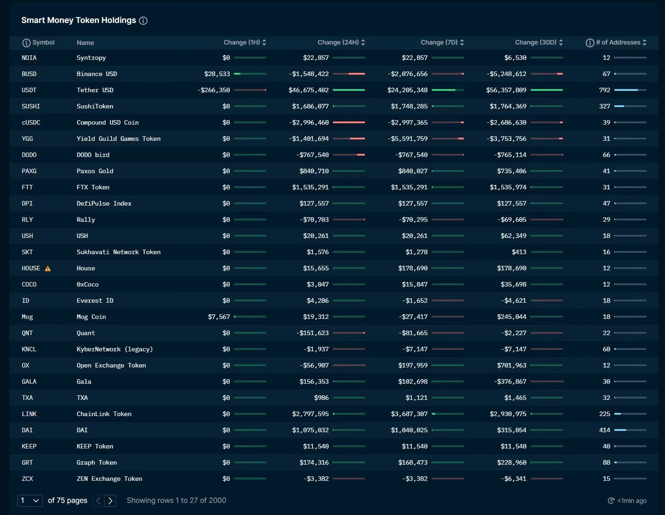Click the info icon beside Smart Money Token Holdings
tap(143, 21)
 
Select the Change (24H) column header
tap(338, 42)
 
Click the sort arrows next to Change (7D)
tap(462, 42)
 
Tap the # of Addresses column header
tap(618, 42)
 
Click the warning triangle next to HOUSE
tap(48, 269)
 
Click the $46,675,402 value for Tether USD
tap(308, 90)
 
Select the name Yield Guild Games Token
tap(118, 139)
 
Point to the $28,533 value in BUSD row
tap(217, 74)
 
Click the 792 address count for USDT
tap(604, 90)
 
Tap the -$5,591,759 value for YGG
tap(407, 139)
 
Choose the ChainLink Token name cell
tap(104, 414)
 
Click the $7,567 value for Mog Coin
tap(219, 317)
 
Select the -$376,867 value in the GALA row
tap(510, 381)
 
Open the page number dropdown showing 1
tap(30, 501)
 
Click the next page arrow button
tap(110, 501)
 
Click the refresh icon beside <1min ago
tap(611, 501)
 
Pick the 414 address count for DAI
tap(604, 430)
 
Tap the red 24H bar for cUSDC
tap(349, 122)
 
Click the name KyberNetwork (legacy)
tap(115, 349)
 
